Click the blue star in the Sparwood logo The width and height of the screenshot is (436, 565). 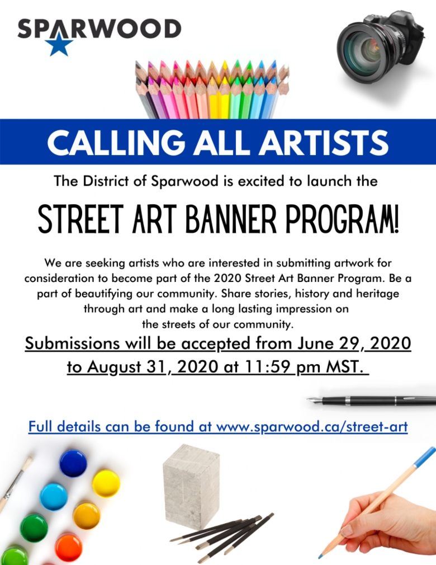(59, 44)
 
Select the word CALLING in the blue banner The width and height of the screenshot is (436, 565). (116, 142)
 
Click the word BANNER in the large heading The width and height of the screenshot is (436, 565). (231, 219)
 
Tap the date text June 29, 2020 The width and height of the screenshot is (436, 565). (354, 343)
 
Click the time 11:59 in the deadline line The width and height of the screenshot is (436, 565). (266, 367)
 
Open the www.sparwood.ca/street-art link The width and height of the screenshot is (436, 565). (312, 427)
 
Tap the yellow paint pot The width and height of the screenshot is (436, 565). (106, 483)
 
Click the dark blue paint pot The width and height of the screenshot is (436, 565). (73, 463)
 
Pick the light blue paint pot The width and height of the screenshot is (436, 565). (53, 497)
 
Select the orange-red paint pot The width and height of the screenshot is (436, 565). (68, 548)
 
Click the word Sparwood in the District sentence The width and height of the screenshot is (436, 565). (185, 181)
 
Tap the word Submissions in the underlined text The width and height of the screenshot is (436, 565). (72, 343)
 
